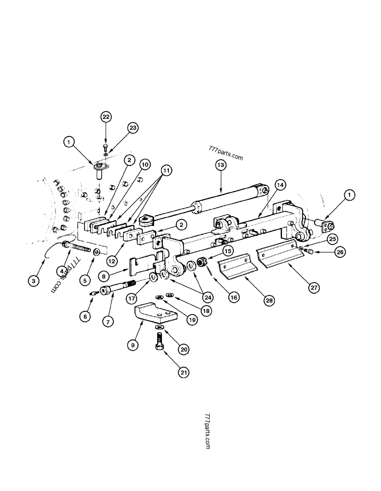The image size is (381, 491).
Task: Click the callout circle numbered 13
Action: coord(220,166)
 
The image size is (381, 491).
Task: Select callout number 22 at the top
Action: coord(106,117)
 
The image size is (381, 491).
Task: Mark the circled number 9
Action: coord(132,345)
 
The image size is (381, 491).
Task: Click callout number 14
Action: coord(280,185)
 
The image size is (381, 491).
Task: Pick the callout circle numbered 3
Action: coord(33,281)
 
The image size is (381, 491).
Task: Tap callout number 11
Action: coord(166,171)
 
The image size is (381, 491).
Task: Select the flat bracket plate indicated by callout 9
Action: coord(155,315)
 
